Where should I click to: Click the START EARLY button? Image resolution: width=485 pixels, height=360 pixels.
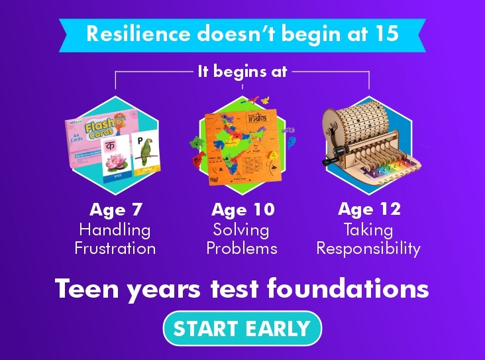coord(242,328)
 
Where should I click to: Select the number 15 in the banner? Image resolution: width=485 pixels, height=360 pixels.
coord(385,34)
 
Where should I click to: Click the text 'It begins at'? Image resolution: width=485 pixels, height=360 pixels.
coord(242,71)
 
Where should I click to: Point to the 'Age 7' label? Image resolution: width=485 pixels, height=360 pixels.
coord(116,210)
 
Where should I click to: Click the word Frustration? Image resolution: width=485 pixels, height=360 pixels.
coord(115,249)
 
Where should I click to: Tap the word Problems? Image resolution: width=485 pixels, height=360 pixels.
coord(242,249)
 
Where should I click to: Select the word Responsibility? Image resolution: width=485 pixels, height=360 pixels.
coord(368,249)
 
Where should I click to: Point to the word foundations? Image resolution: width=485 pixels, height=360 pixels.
coord(362,290)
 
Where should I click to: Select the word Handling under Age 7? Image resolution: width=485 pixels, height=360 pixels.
coord(115,230)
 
